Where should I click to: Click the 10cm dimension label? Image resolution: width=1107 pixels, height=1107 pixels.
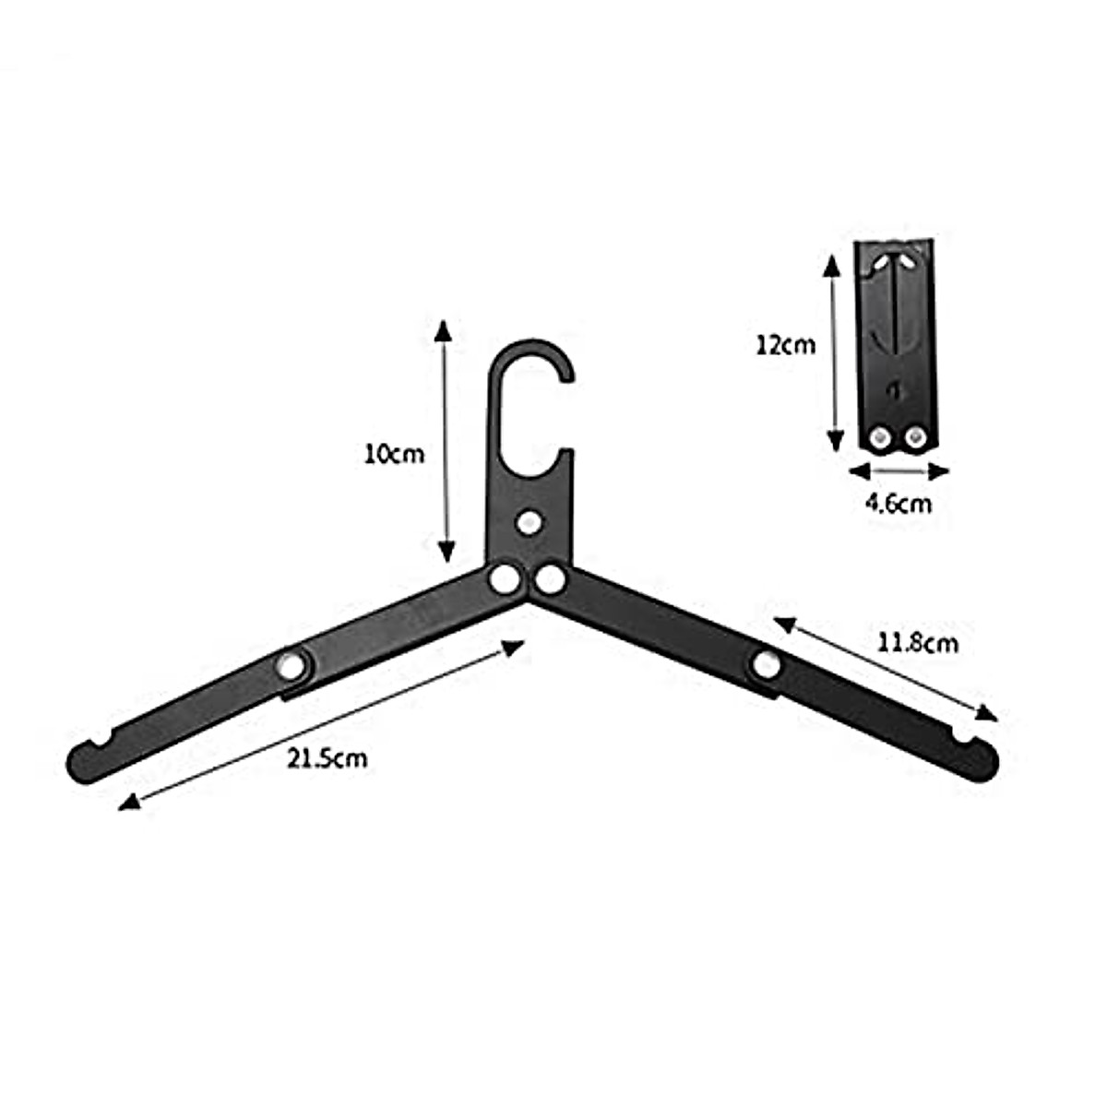(394, 454)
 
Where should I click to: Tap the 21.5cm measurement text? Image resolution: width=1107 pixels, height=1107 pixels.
(327, 758)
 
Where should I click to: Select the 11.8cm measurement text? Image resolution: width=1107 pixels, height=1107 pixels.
(917, 642)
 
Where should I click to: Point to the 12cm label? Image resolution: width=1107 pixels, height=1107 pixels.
(785, 346)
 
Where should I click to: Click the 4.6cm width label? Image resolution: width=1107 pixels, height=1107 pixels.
(898, 503)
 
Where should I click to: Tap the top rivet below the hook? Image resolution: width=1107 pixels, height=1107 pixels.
(530, 523)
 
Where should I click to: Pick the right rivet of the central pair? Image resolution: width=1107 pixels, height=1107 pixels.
(551, 580)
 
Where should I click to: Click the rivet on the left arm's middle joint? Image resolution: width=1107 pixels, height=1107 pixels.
(292, 665)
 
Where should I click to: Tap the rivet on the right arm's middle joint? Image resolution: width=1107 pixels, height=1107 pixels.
(766, 663)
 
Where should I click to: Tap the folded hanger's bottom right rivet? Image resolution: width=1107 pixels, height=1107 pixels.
(916, 436)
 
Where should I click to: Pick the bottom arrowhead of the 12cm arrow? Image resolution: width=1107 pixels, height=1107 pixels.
(833, 442)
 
